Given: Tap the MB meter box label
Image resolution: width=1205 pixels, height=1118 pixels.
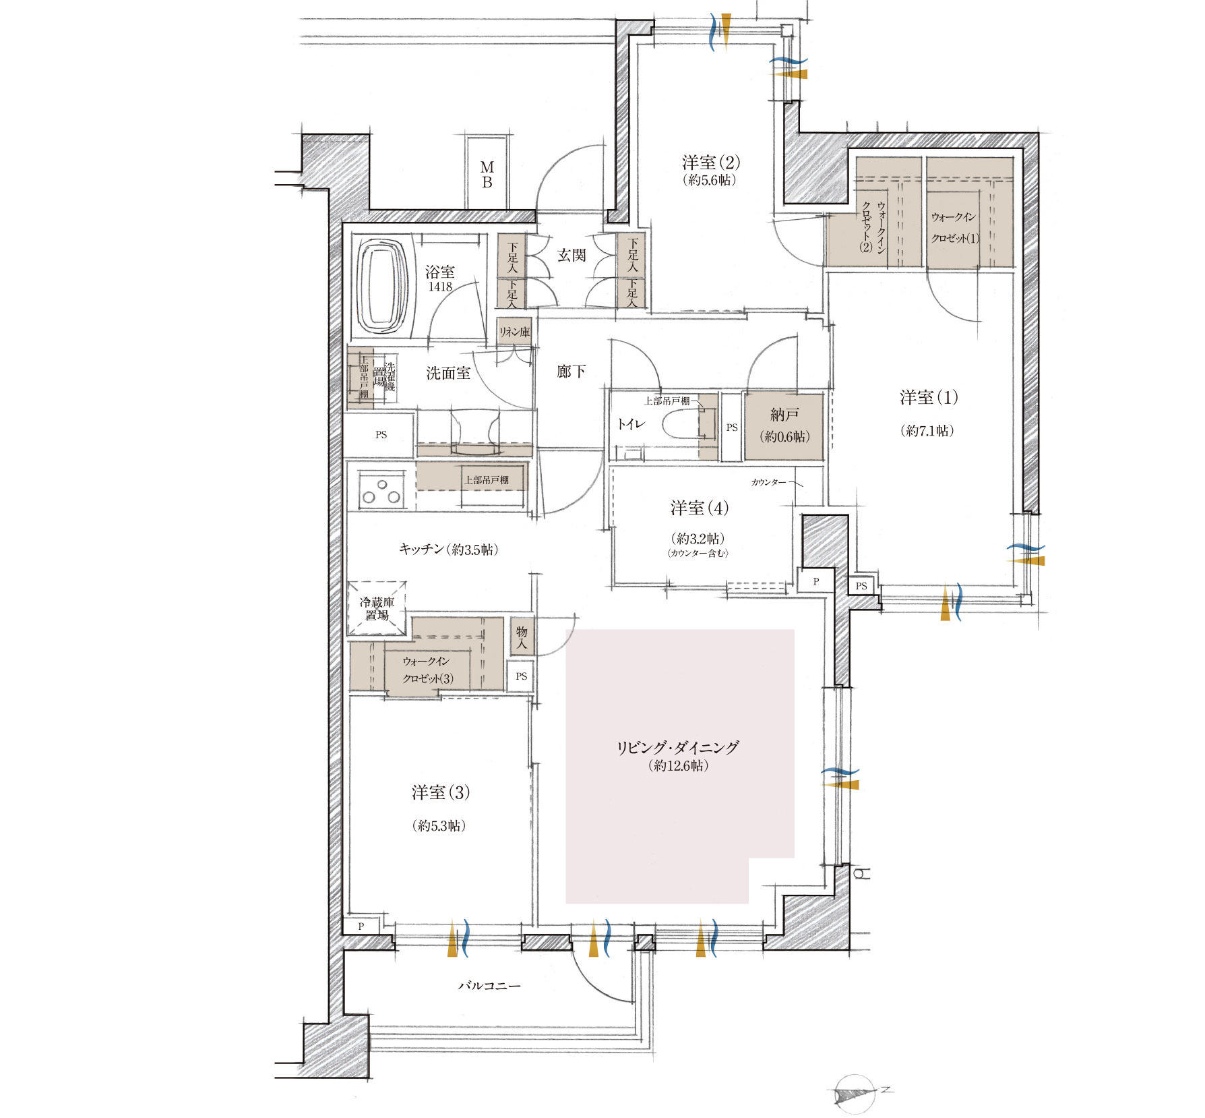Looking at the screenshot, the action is (x=487, y=174).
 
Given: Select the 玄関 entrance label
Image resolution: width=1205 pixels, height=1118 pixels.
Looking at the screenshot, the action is (x=571, y=255).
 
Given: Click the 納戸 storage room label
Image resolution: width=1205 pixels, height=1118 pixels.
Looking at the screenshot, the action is (x=784, y=415).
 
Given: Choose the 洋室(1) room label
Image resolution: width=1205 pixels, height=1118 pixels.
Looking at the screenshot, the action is (x=929, y=397).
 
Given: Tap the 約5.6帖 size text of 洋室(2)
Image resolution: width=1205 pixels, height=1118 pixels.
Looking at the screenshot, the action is (x=710, y=180).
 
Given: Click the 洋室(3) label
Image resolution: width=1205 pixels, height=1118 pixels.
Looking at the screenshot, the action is (x=441, y=792).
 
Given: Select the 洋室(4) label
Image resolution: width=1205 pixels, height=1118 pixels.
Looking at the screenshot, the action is (x=699, y=508).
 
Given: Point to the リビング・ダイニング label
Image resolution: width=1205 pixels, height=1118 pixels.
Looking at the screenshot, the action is (x=678, y=747).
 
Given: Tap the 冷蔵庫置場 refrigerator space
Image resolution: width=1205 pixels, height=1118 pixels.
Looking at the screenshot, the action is (x=377, y=608).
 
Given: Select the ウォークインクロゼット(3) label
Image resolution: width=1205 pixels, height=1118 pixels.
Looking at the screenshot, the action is (x=427, y=670).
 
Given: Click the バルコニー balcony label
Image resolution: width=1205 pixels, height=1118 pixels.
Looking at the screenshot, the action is (x=489, y=985).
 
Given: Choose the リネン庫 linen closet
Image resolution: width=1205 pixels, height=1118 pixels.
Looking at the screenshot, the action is (x=514, y=331).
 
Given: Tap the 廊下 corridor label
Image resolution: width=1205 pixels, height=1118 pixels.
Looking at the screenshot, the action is (x=571, y=371).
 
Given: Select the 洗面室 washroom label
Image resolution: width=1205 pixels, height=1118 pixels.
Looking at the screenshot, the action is (x=448, y=373).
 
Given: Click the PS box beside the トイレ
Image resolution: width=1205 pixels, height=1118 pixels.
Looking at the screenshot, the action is (x=732, y=427).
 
